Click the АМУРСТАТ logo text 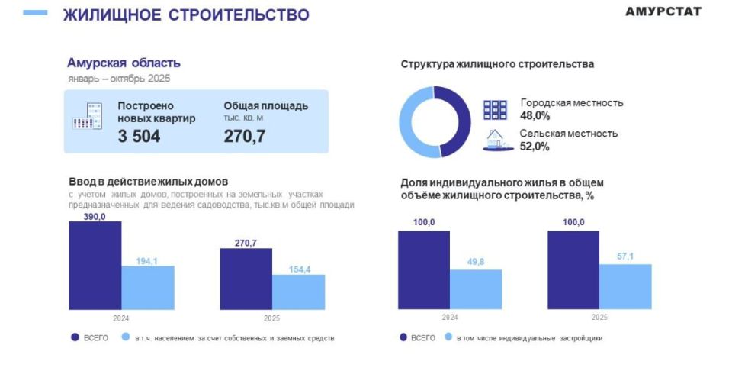click(663, 11)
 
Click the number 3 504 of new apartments click(139, 137)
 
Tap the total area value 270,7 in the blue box click(244, 137)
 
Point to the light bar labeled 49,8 click(475, 289)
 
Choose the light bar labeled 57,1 click(625, 286)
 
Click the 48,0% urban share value click(535, 116)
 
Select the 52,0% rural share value click(535, 147)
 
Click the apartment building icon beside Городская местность click(496, 109)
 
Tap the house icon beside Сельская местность click(496, 140)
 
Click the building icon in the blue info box click(87, 115)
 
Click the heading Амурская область click(124, 63)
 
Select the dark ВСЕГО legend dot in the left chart click(75, 337)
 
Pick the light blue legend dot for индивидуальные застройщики click(449, 337)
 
